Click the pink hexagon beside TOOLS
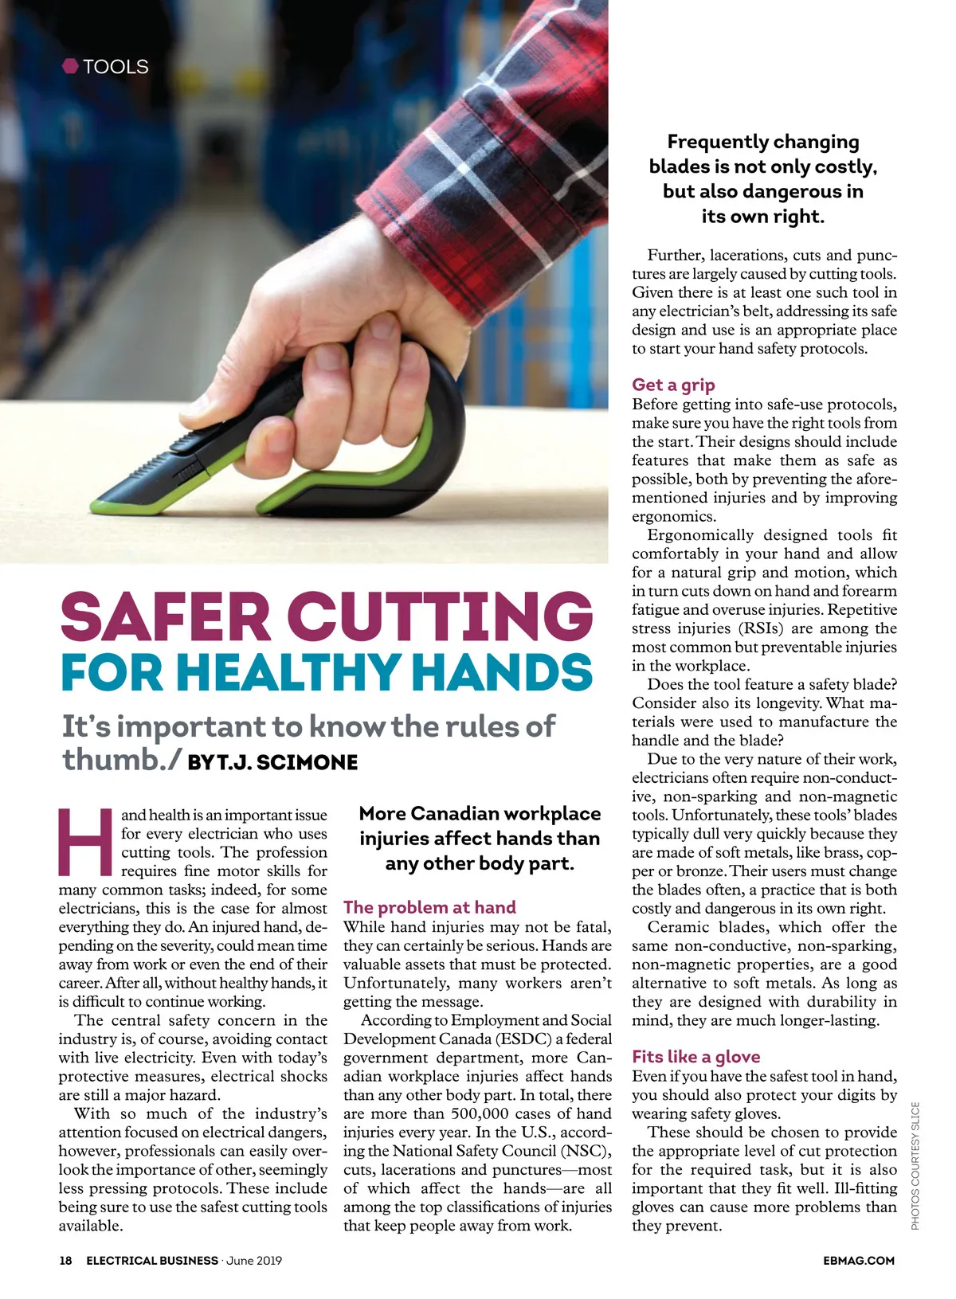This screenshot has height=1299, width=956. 70,66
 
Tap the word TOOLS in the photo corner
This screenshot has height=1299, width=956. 116,67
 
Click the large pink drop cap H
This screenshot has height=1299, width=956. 85,842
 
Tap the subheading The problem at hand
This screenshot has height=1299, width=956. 429,907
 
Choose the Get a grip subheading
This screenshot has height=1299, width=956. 673,385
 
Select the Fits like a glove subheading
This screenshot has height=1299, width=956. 695,1057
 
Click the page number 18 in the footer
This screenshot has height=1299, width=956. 65,1261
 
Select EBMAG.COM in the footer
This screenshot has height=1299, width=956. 859,1261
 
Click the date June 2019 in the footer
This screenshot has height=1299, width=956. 254,1261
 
